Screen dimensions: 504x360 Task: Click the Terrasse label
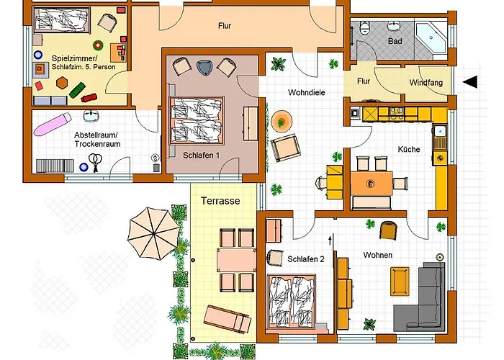coord(220,201)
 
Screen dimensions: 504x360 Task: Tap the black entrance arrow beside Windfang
coord(470,82)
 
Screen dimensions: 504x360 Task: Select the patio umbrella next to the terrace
coord(153,233)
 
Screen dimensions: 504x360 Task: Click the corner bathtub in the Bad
coord(431,38)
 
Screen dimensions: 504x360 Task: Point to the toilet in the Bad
coord(365,28)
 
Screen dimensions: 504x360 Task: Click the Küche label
coord(409,150)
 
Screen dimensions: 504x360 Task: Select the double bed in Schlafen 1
coord(196,120)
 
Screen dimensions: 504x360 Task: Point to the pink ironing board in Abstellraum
coord(53,124)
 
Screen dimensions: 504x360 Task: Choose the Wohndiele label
coord(306,93)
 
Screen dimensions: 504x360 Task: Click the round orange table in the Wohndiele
coord(282,121)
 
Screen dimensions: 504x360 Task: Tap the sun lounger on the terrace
coord(228,319)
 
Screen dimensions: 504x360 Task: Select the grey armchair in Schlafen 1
coord(204,68)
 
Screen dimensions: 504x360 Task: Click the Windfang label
coord(426,83)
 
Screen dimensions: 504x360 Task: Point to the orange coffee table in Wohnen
coord(400,282)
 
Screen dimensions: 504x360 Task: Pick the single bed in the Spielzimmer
coord(61,20)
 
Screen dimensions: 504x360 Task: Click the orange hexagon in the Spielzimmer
coord(62,83)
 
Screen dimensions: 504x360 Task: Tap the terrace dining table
coord(236,260)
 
